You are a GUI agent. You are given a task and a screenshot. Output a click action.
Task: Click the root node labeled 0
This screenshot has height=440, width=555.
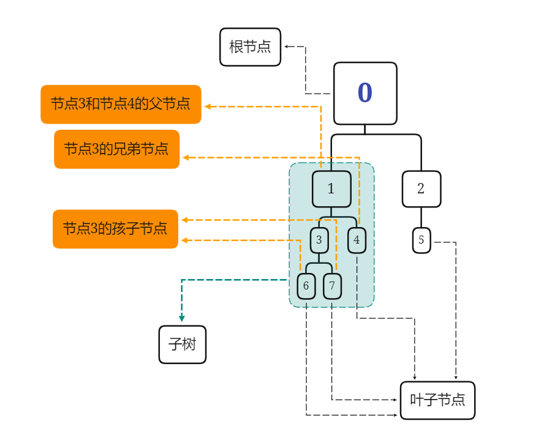pos(365,93)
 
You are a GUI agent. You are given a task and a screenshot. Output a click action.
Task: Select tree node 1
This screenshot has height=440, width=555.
pos(331,189)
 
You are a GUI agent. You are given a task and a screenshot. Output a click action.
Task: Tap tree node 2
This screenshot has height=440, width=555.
pos(421,188)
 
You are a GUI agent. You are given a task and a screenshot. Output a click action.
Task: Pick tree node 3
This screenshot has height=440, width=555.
pos(319,240)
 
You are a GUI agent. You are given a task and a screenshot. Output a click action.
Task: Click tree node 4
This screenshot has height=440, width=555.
pos(357,240)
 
